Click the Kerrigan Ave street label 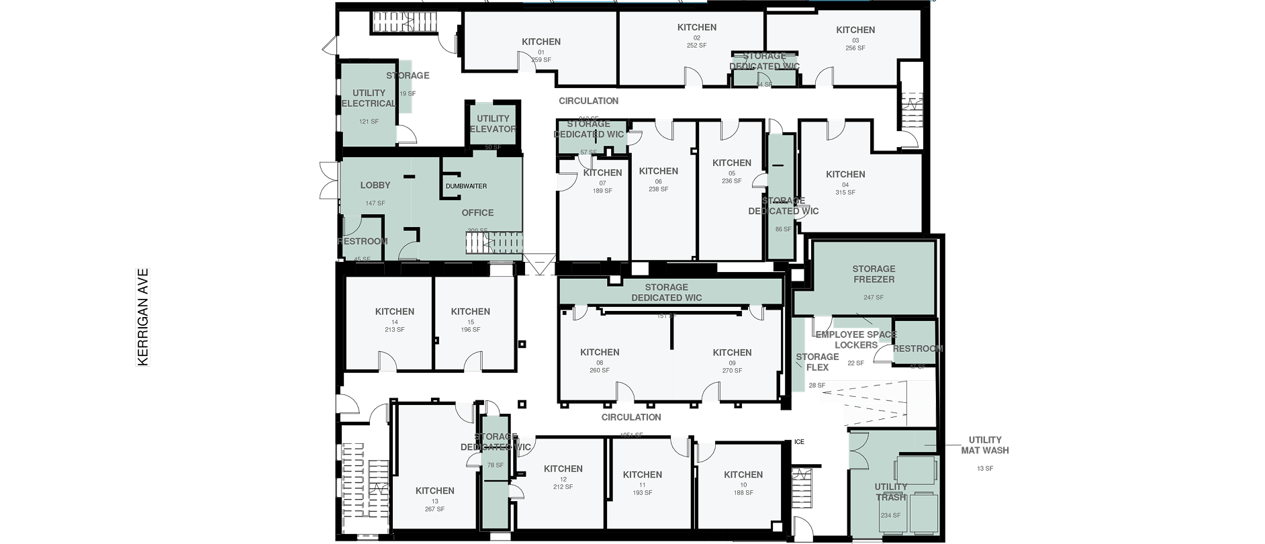[x=143, y=318]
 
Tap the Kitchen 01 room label [x=541, y=42]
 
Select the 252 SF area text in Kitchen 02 [x=696, y=46]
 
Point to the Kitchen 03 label [x=855, y=30]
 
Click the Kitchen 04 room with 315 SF [x=845, y=175]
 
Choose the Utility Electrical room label [x=369, y=98]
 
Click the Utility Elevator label [x=493, y=124]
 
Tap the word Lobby [x=375, y=185]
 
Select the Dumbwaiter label [x=466, y=186]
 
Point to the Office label [x=477, y=213]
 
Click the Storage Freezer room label [x=874, y=274]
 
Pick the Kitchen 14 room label [x=395, y=312]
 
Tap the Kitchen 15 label [x=471, y=312]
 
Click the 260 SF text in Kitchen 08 [x=600, y=371]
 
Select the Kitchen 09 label [x=732, y=353]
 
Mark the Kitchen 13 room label [x=435, y=491]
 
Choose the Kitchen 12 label [x=563, y=469]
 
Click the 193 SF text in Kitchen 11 [x=643, y=493]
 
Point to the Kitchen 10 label [x=743, y=475]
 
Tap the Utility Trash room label [x=891, y=492]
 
